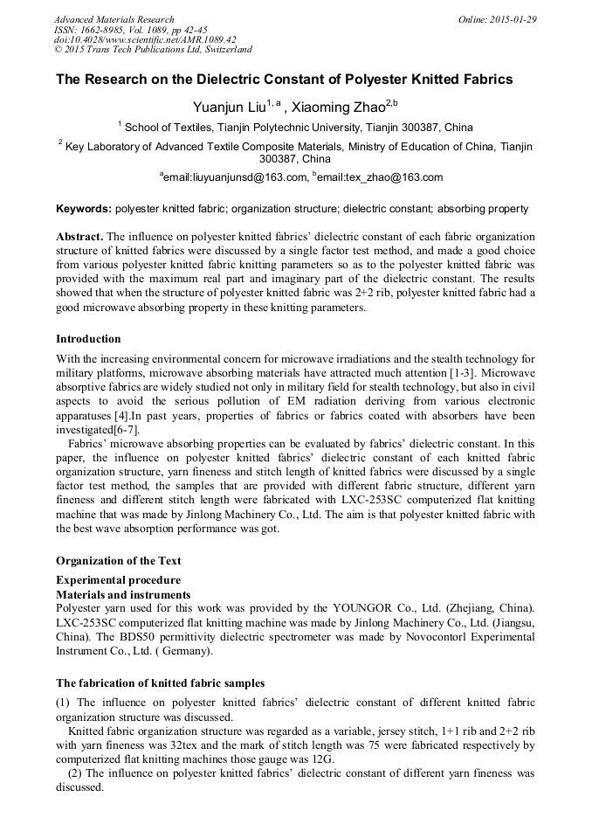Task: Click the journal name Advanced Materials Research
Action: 114,19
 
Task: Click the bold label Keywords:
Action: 84,210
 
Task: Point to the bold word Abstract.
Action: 79,237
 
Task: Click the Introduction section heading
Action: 88,339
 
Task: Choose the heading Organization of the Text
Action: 118,560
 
